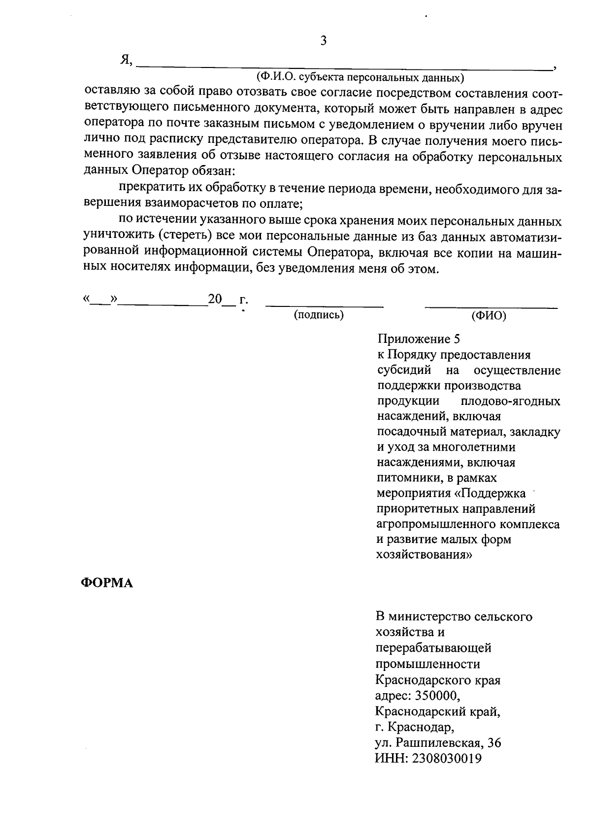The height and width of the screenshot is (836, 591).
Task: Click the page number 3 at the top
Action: [x=323, y=41]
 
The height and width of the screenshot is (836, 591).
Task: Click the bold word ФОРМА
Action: [x=107, y=583]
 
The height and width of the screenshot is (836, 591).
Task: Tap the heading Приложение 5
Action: [x=418, y=339]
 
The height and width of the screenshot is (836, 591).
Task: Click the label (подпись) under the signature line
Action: [x=319, y=315]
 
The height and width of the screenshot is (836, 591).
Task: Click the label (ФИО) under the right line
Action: [x=489, y=316]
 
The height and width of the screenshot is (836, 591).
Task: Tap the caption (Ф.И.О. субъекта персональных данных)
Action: [x=360, y=77]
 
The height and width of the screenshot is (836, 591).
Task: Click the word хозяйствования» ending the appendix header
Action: [x=425, y=555]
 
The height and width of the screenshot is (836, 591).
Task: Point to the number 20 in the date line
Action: [x=216, y=299]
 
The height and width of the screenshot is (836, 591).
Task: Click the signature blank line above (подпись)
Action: [x=324, y=306]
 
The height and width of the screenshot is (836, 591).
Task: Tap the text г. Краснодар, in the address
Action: [x=415, y=727]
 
